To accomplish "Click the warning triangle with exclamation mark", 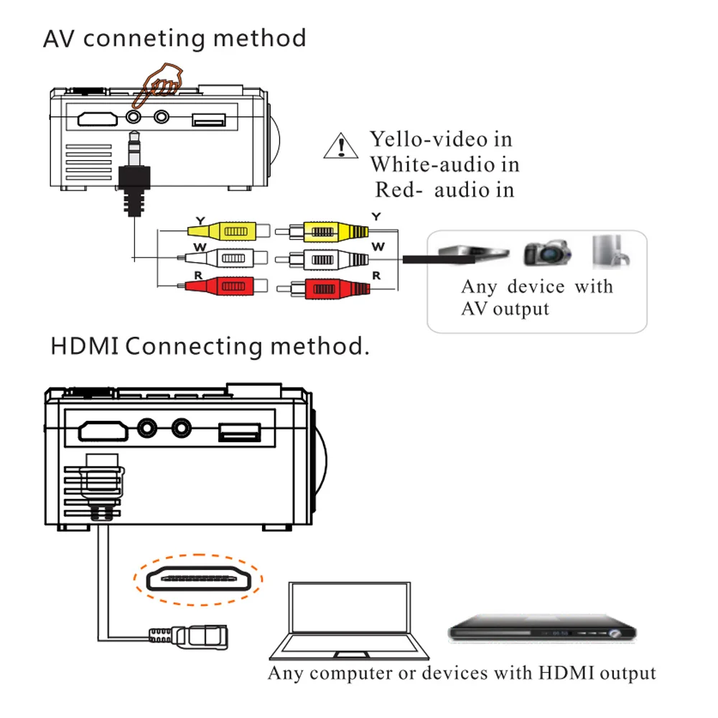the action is point(340,146).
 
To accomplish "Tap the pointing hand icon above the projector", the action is point(158,85).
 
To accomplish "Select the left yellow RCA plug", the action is point(228,230).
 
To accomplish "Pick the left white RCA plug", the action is point(223,258).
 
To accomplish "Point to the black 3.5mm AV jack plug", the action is point(134,174).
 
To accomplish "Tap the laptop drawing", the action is point(350,620).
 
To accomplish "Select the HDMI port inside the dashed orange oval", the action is point(198,579).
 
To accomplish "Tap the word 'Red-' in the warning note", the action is point(398,190).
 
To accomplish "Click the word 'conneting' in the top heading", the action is point(144,39).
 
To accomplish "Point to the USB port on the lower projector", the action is point(240,432).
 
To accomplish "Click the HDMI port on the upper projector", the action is point(98,119).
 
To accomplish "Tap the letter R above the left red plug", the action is point(198,275).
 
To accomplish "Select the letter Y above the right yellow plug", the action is point(376,217).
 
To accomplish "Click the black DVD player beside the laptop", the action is point(542,628).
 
